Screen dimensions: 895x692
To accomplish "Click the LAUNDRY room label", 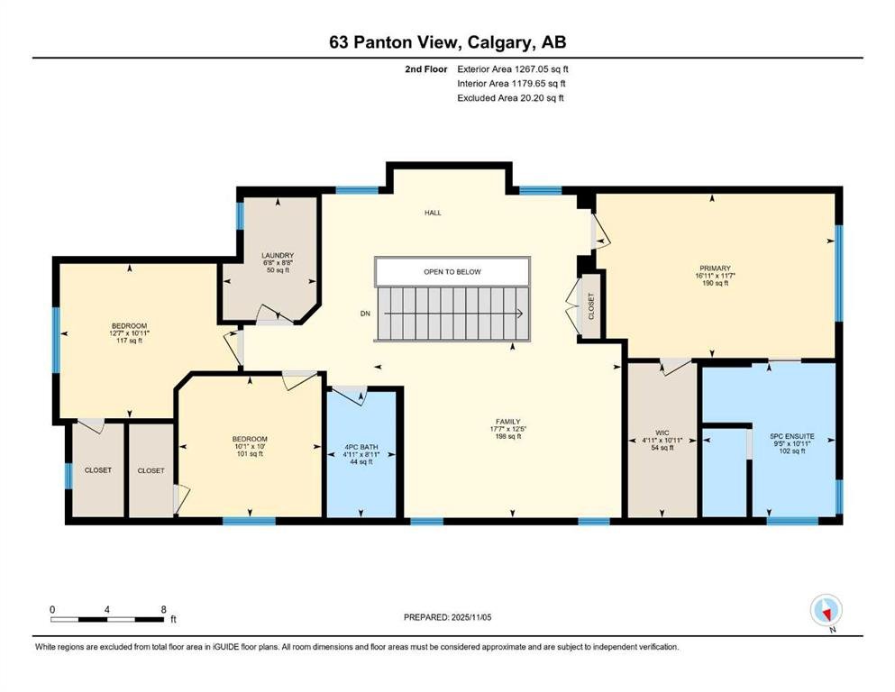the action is (278, 256).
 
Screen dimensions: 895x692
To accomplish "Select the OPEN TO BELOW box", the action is (452, 271).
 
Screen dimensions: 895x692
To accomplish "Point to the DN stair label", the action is (365, 314).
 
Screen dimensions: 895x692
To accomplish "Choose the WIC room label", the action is (662, 433).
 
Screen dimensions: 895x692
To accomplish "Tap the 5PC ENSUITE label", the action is (792, 436).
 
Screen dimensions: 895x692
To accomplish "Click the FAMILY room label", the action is (508, 423).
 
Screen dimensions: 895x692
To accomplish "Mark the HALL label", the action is (433, 213).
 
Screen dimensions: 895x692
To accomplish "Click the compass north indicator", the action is (827, 611).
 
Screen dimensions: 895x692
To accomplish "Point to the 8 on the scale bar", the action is (164, 609).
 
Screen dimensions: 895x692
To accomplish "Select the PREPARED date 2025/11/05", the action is (470, 617).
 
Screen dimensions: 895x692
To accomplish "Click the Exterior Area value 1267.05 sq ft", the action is (541, 69).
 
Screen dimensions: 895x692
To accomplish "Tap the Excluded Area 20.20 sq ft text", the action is (510, 98).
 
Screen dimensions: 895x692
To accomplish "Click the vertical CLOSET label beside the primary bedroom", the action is (591, 306).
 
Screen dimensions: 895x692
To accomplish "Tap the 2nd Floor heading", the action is (425, 69).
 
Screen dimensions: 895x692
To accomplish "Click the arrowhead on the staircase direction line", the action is (520, 314).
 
